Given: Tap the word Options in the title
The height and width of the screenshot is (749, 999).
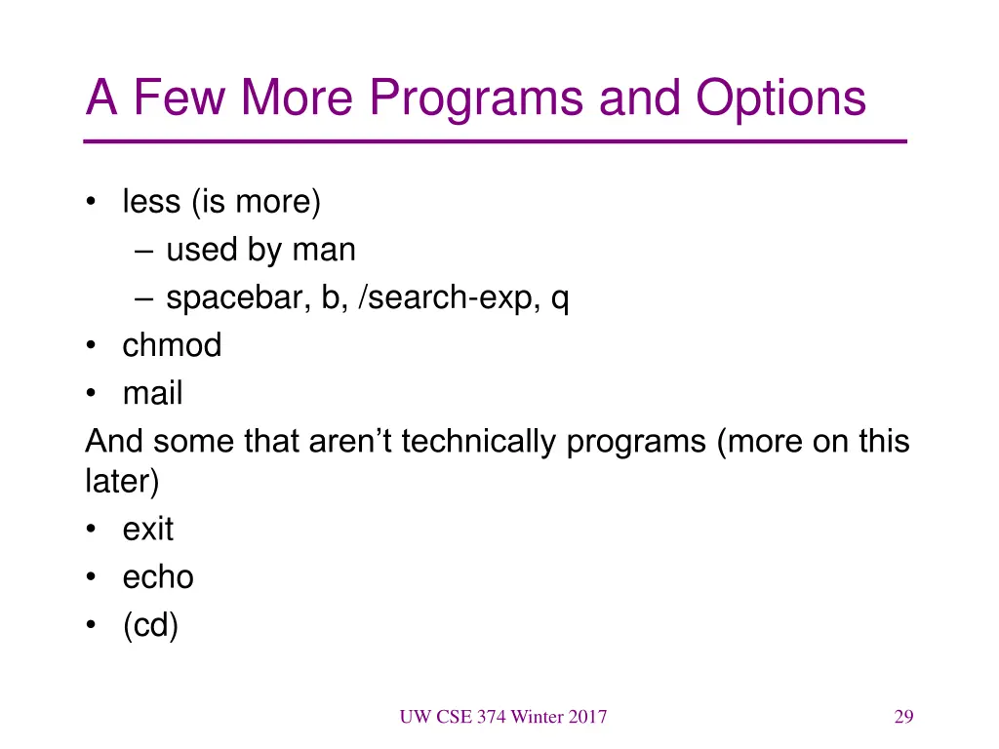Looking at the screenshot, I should tap(780, 99).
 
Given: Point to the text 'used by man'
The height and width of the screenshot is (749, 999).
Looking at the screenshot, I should tap(260, 251).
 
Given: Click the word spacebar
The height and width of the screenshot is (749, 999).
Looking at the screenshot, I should tap(237, 298).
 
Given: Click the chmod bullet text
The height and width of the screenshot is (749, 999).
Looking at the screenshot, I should tap(172, 345).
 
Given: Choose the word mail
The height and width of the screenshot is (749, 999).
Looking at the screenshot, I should tap(152, 394).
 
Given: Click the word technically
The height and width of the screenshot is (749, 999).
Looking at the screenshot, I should tap(479, 442).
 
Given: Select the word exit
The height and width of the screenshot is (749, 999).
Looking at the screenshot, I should tap(147, 530).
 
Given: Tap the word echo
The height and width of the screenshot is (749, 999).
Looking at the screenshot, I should tap(158, 577).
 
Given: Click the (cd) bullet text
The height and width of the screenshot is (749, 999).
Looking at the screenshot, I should tap(150, 626).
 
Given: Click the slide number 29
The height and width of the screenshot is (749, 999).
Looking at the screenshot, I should tap(903, 718).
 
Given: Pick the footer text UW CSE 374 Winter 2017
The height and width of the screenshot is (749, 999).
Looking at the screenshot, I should tap(502, 718).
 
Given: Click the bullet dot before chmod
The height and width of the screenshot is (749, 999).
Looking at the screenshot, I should tap(91, 346).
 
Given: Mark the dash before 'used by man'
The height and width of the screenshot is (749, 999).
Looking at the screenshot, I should tap(144, 252).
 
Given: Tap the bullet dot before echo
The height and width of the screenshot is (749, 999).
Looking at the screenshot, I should tap(91, 578).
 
